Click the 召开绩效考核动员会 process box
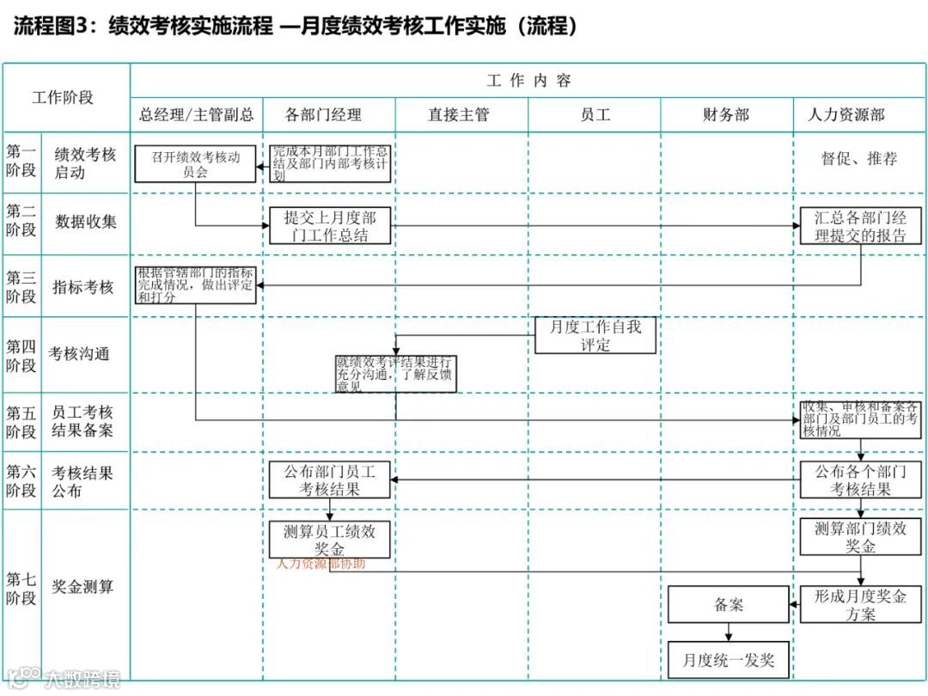195,164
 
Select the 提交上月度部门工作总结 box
330,226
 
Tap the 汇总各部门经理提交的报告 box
860,226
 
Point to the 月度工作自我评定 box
595,335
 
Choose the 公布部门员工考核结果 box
330,480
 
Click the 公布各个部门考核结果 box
860,480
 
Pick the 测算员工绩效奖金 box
330,540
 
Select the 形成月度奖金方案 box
860,605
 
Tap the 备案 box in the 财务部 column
729,605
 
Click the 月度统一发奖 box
729,660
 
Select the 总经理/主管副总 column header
197,115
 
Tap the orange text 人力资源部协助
321,565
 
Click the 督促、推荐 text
859,159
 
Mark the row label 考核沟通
79,354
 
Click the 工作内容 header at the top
528,81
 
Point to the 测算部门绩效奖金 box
860,537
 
